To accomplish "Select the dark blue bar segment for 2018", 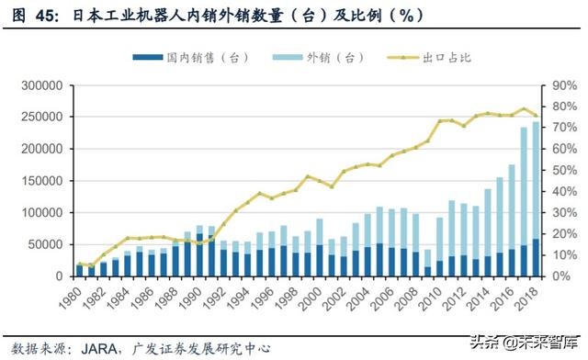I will click(x=536, y=258).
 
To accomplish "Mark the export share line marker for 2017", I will click(x=524, y=109).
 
